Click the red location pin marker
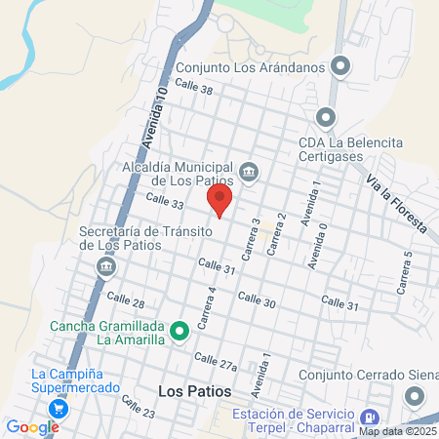[x=220, y=198]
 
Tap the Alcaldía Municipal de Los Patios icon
[x=249, y=173]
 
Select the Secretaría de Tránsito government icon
[x=106, y=265]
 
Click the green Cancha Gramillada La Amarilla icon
[x=180, y=332]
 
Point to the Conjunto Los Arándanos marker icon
[x=339, y=66]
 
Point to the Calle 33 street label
[x=164, y=201]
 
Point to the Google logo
[x=32, y=426]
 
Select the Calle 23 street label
[x=139, y=405]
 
